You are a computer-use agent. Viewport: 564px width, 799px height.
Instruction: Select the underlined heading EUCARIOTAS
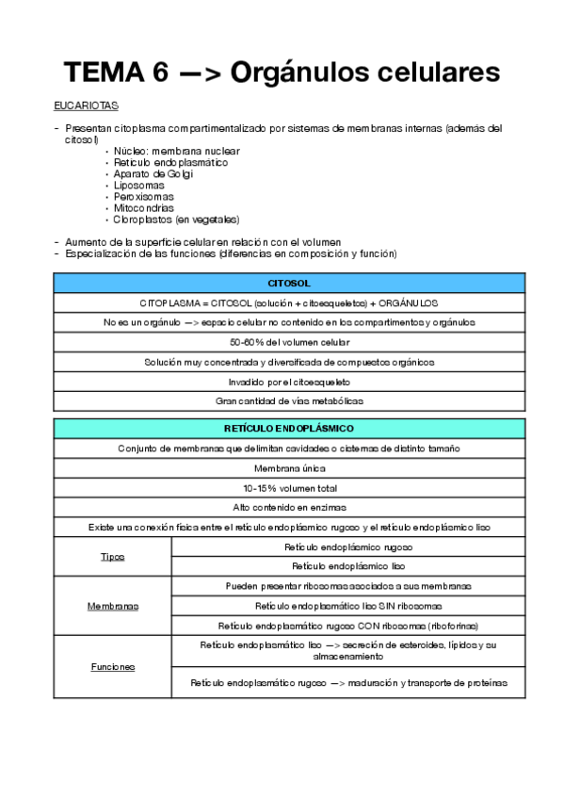tap(86, 106)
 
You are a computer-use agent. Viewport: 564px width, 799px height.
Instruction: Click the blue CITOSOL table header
tap(289, 283)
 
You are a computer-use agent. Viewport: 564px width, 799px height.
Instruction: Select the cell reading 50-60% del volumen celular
tap(289, 342)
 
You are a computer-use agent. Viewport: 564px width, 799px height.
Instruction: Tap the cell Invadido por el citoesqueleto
tap(289, 382)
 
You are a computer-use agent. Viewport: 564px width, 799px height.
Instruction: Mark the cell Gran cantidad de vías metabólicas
tap(289, 400)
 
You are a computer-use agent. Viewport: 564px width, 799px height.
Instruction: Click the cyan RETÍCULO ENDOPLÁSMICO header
tap(289, 429)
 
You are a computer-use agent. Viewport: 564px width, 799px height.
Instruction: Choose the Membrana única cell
tap(289, 468)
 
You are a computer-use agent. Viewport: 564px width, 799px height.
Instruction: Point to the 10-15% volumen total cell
tap(289, 487)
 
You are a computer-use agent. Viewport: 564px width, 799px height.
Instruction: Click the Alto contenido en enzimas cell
tap(289, 507)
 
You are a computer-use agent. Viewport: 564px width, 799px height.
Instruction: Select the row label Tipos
tap(113, 557)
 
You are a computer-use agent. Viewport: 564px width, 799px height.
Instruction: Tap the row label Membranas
tap(113, 606)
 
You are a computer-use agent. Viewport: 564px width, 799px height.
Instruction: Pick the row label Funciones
tap(113, 666)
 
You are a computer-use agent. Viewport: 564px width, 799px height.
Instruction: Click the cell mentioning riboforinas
tap(347, 625)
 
